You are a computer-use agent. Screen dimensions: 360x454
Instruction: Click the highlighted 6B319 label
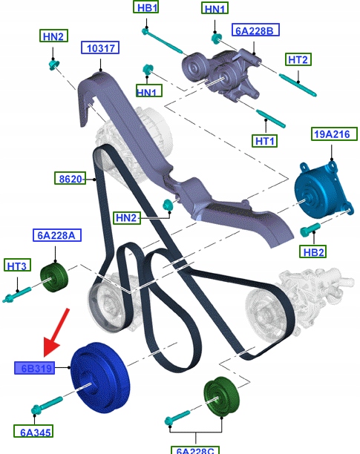tap(34, 368)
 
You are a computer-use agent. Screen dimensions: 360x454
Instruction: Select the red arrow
tap(56, 332)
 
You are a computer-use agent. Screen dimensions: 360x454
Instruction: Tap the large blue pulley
tap(100, 378)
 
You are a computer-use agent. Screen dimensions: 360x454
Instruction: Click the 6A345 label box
tap(33, 431)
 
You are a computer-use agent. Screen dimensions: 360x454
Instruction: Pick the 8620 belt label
tap(70, 178)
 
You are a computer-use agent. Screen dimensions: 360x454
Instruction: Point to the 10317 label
tap(100, 47)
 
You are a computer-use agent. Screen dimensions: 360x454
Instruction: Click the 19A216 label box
tap(334, 134)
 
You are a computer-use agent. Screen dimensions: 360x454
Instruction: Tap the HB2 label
tap(313, 251)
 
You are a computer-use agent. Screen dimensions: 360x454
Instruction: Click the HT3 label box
tap(17, 265)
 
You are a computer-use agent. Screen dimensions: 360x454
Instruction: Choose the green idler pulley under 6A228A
tap(54, 278)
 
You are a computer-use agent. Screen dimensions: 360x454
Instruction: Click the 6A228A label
tap(56, 235)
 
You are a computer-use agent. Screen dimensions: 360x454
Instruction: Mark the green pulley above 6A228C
tap(221, 396)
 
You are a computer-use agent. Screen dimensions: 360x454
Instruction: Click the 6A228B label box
tap(255, 30)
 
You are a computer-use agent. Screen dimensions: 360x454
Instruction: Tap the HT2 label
tap(298, 59)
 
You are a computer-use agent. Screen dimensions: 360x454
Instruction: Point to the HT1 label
tap(264, 141)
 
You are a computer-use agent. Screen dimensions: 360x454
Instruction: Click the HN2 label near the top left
tap(53, 36)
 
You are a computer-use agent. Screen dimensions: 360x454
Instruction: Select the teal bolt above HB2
tap(310, 229)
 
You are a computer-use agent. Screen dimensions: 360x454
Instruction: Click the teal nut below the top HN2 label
tap(54, 64)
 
